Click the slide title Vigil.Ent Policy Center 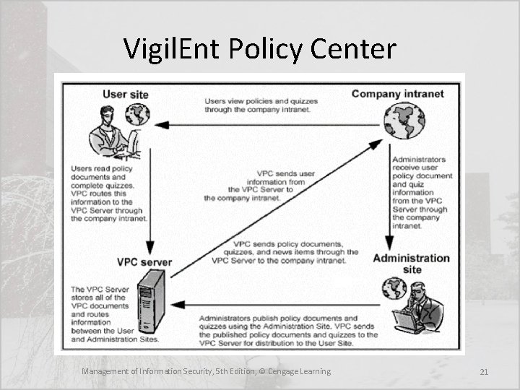point(259,49)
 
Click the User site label point(126,93)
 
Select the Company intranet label point(397,94)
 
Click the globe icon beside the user point(137,115)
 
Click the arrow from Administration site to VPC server point(274,303)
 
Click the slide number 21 point(484,372)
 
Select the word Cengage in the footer point(287,371)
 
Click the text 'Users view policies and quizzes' point(261,101)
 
